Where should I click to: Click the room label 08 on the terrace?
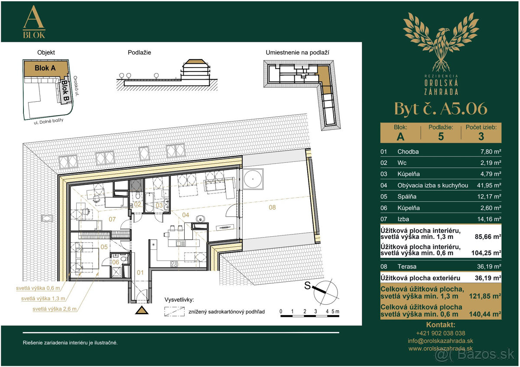(272, 207)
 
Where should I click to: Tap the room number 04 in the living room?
(185, 215)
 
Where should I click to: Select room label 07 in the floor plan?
(112, 219)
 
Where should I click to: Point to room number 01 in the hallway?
(140, 272)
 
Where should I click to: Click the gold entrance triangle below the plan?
(142, 310)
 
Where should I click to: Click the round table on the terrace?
(253, 179)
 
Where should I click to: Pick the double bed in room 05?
(87, 258)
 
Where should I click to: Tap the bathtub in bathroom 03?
(149, 202)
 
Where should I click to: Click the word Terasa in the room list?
(407, 267)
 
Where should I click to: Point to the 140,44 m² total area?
(485, 314)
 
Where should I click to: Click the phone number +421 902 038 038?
(440, 333)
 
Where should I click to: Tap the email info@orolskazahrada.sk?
(440, 341)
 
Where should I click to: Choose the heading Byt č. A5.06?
(441, 109)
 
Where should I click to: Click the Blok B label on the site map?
(65, 90)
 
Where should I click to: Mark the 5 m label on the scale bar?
(335, 311)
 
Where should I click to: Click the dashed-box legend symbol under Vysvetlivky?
(174, 312)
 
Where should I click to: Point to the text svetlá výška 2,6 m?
(54, 309)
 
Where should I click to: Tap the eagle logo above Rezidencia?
(441, 42)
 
